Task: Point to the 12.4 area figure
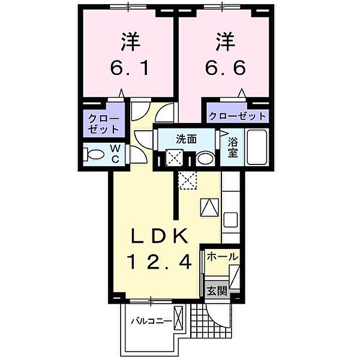(159, 262)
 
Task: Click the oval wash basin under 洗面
(205, 159)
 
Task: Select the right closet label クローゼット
(236, 116)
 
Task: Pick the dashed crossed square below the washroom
(187, 179)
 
